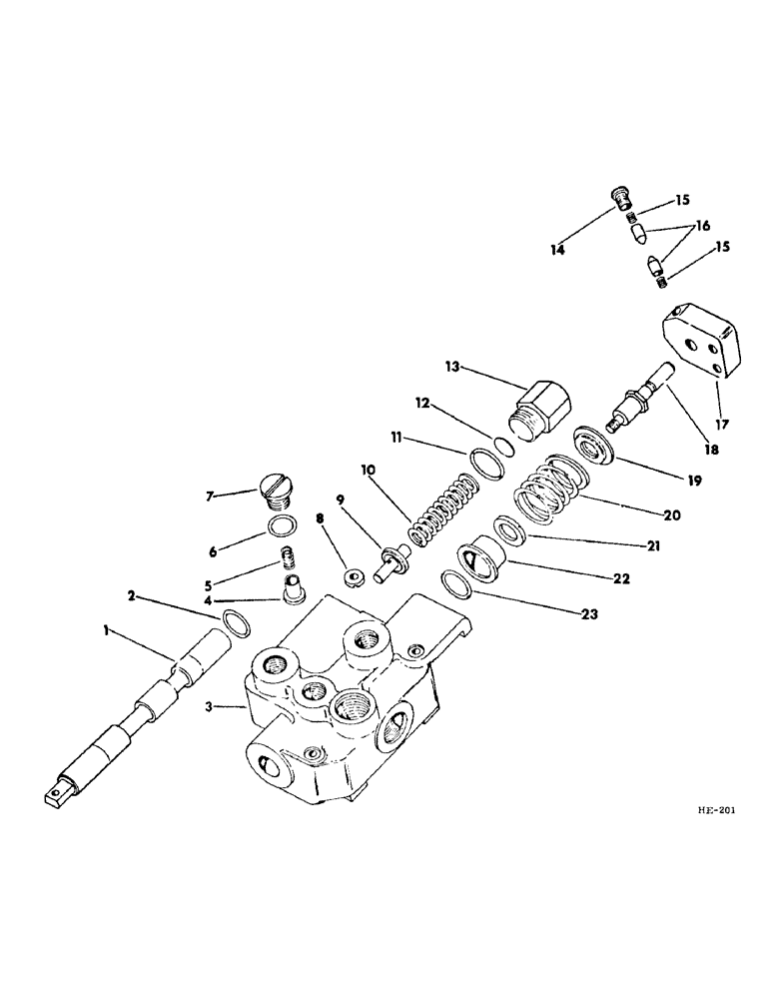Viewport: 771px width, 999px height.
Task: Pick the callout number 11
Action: coord(425,439)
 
